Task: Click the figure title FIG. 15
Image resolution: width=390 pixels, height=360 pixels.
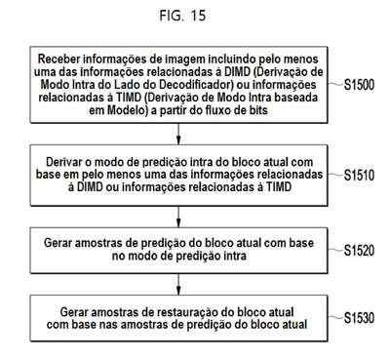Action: click(x=182, y=16)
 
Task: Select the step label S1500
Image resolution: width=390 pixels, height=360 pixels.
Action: click(x=359, y=85)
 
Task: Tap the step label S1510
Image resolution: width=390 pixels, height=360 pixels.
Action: click(x=359, y=176)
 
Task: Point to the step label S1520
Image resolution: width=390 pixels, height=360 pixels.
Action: click(x=359, y=251)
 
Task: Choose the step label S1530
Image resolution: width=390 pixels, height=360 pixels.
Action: click(x=359, y=318)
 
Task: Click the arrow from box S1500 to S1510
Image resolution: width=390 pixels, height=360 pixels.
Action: click(x=178, y=134)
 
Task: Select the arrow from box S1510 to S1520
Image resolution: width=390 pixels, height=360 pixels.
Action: click(x=178, y=217)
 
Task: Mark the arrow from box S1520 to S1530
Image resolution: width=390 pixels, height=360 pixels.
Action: click(x=178, y=284)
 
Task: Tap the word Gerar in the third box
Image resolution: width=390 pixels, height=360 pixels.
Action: click(x=58, y=243)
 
